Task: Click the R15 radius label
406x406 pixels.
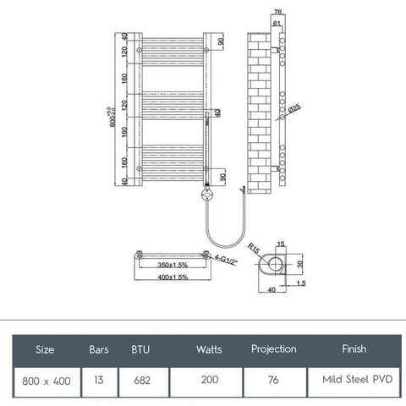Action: click(253, 249)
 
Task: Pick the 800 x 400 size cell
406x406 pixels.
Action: click(46, 381)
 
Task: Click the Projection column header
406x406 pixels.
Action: click(274, 348)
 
